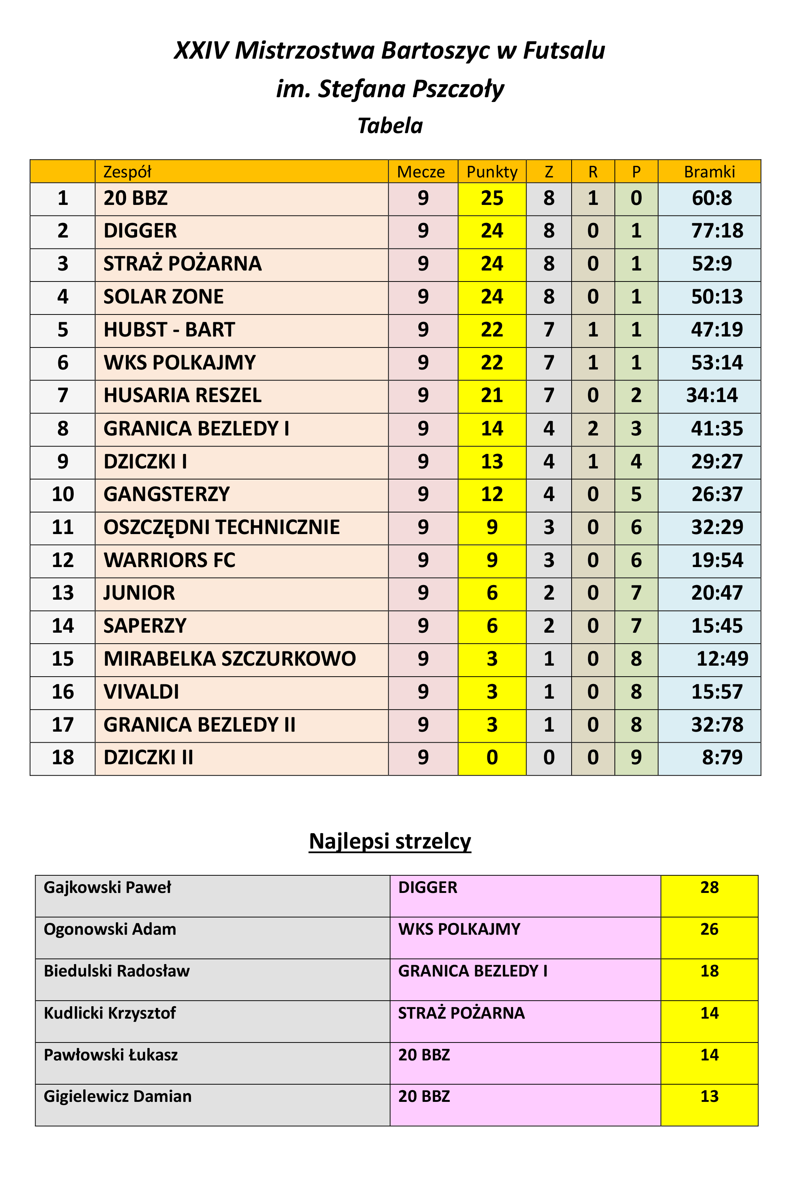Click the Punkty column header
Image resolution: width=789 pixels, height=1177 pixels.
(x=492, y=172)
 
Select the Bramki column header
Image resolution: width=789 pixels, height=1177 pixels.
(x=709, y=172)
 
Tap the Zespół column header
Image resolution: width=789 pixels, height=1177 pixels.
(x=127, y=172)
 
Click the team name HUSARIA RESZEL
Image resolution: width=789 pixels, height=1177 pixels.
(x=182, y=396)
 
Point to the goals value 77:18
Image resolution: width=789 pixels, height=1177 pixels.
(x=716, y=231)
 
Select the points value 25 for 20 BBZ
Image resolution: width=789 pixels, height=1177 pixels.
(x=492, y=198)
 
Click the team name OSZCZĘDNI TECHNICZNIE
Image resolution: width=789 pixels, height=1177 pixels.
(x=221, y=527)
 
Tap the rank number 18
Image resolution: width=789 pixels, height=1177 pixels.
(x=63, y=758)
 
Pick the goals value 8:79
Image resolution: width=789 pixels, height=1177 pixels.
(x=722, y=758)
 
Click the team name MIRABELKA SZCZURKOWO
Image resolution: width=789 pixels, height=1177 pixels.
(x=230, y=659)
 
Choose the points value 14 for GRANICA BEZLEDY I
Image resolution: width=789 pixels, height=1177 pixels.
(x=492, y=428)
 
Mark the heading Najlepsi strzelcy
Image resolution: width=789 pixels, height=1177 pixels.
(x=390, y=841)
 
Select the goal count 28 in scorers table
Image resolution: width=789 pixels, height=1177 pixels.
(x=709, y=887)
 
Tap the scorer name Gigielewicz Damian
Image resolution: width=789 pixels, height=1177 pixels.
(x=118, y=1096)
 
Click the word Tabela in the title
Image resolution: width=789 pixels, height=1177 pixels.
(x=390, y=126)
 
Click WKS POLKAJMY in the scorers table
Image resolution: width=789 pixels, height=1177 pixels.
(x=459, y=929)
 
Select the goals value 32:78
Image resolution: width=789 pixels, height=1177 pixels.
(x=716, y=725)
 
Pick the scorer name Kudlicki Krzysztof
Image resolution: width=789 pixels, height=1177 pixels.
(x=110, y=1013)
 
